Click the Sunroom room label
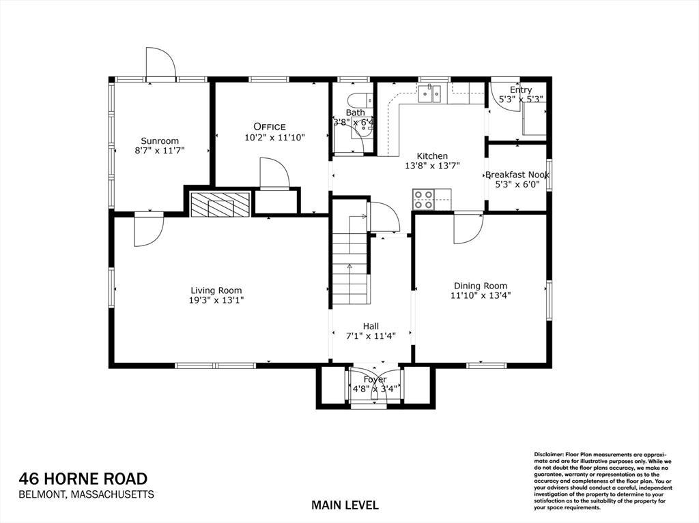[x=160, y=141]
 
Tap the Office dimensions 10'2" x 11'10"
[x=274, y=137]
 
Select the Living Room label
[x=216, y=290]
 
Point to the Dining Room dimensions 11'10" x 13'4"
[x=481, y=295]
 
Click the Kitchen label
[x=432, y=156]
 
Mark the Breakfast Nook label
[x=517, y=175]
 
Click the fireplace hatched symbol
[x=220, y=205]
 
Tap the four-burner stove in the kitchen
[x=423, y=199]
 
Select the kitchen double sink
[x=430, y=93]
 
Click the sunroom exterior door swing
[x=161, y=63]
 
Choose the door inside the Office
[x=274, y=173]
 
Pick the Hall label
[x=371, y=326]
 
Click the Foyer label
[x=375, y=379]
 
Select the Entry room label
[x=520, y=90]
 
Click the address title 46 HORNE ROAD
[x=83, y=479]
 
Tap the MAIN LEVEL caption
[x=345, y=505]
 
